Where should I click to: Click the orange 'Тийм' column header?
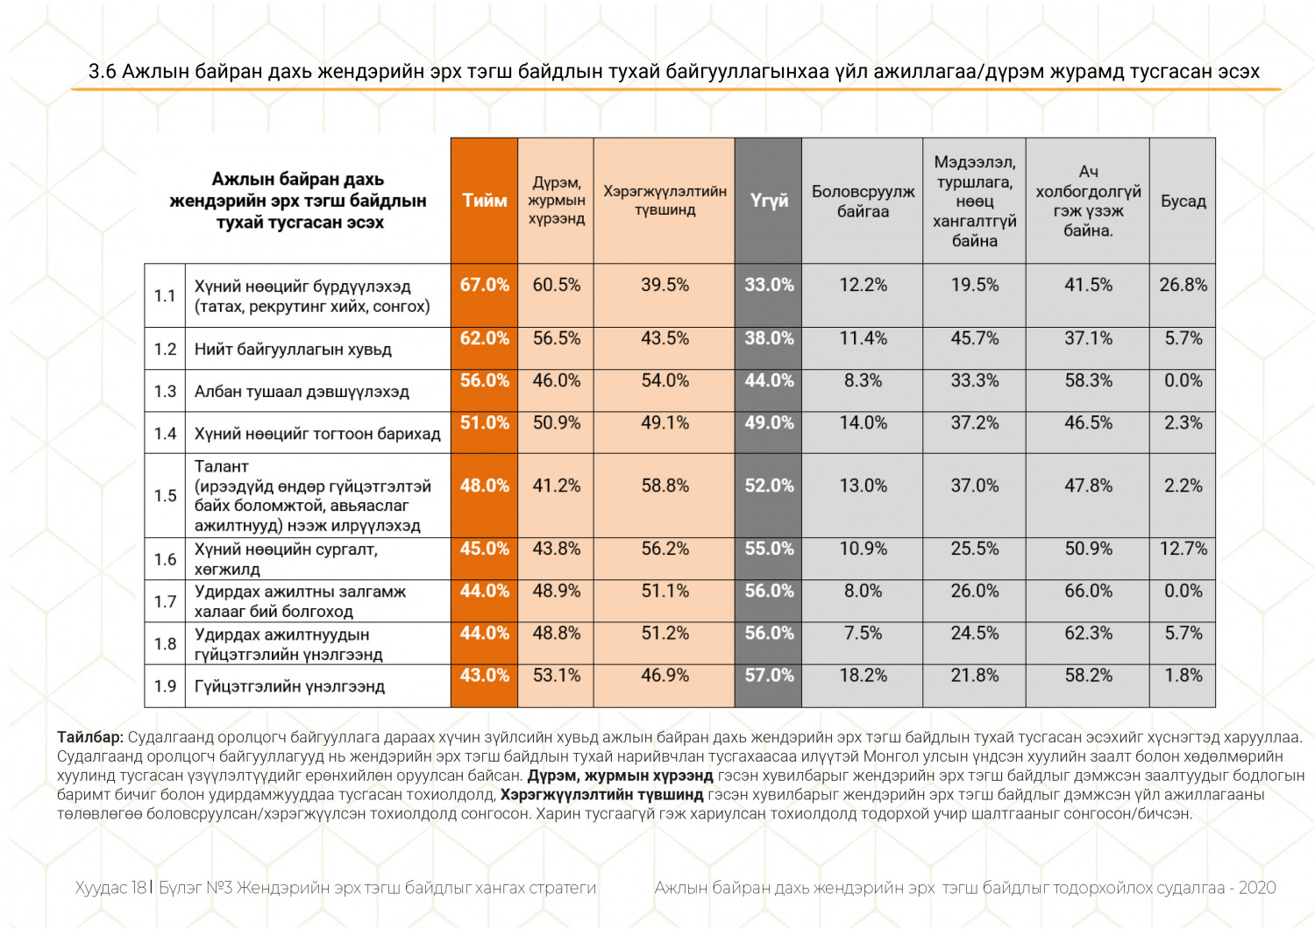tap(485, 201)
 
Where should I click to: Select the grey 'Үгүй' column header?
tap(769, 201)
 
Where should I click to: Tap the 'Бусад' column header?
tap(1183, 201)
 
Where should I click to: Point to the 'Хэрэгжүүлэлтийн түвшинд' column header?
tap(665, 201)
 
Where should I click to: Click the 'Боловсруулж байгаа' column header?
tap(863, 202)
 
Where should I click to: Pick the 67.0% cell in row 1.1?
tap(485, 285)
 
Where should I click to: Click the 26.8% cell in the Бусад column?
tap(1183, 285)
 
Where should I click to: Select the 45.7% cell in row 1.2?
tap(974, 338)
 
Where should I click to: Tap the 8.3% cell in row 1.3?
tap(863, 380)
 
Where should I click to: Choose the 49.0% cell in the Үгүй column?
tap(769, 422)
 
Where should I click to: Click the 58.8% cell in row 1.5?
tap(665, 486)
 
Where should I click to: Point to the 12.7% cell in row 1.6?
tap(1183, 549)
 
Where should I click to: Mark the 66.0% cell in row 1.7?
tap(1088, 591)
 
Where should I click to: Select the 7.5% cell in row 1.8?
tap(863, 633)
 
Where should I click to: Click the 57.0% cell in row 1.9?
tap(769, 675)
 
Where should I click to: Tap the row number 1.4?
tap(165, 434)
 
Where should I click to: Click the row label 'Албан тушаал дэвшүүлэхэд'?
tap(302, 392)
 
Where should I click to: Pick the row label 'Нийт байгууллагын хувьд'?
tap(293, 350)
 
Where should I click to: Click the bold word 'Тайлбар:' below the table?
tap(90, 737)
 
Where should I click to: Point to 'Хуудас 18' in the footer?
tap(110, 888)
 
